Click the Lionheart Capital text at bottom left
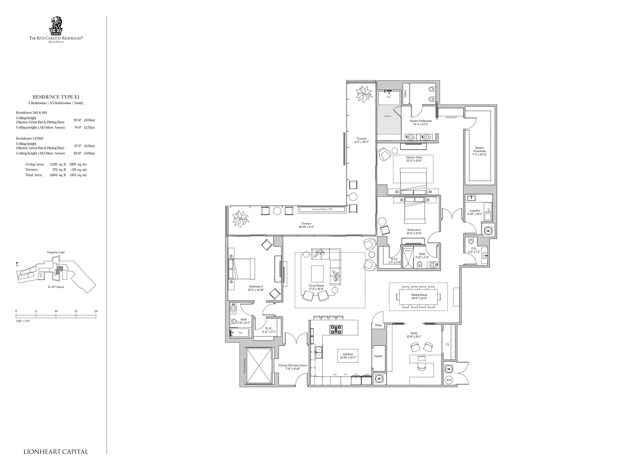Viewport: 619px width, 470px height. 56,452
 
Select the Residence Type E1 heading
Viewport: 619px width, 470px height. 56,97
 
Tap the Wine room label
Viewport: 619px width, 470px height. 378,325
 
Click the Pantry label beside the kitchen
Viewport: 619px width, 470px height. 378,356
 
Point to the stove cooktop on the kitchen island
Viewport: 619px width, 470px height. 336,329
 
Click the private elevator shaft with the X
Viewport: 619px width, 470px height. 258,366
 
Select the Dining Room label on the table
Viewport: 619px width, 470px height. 419,295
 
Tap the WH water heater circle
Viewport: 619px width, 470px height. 449,380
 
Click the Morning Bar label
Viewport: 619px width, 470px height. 451,117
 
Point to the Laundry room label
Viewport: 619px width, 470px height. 475,211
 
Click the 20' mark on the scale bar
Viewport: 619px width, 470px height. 96,311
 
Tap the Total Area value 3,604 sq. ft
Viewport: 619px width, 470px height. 58,175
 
